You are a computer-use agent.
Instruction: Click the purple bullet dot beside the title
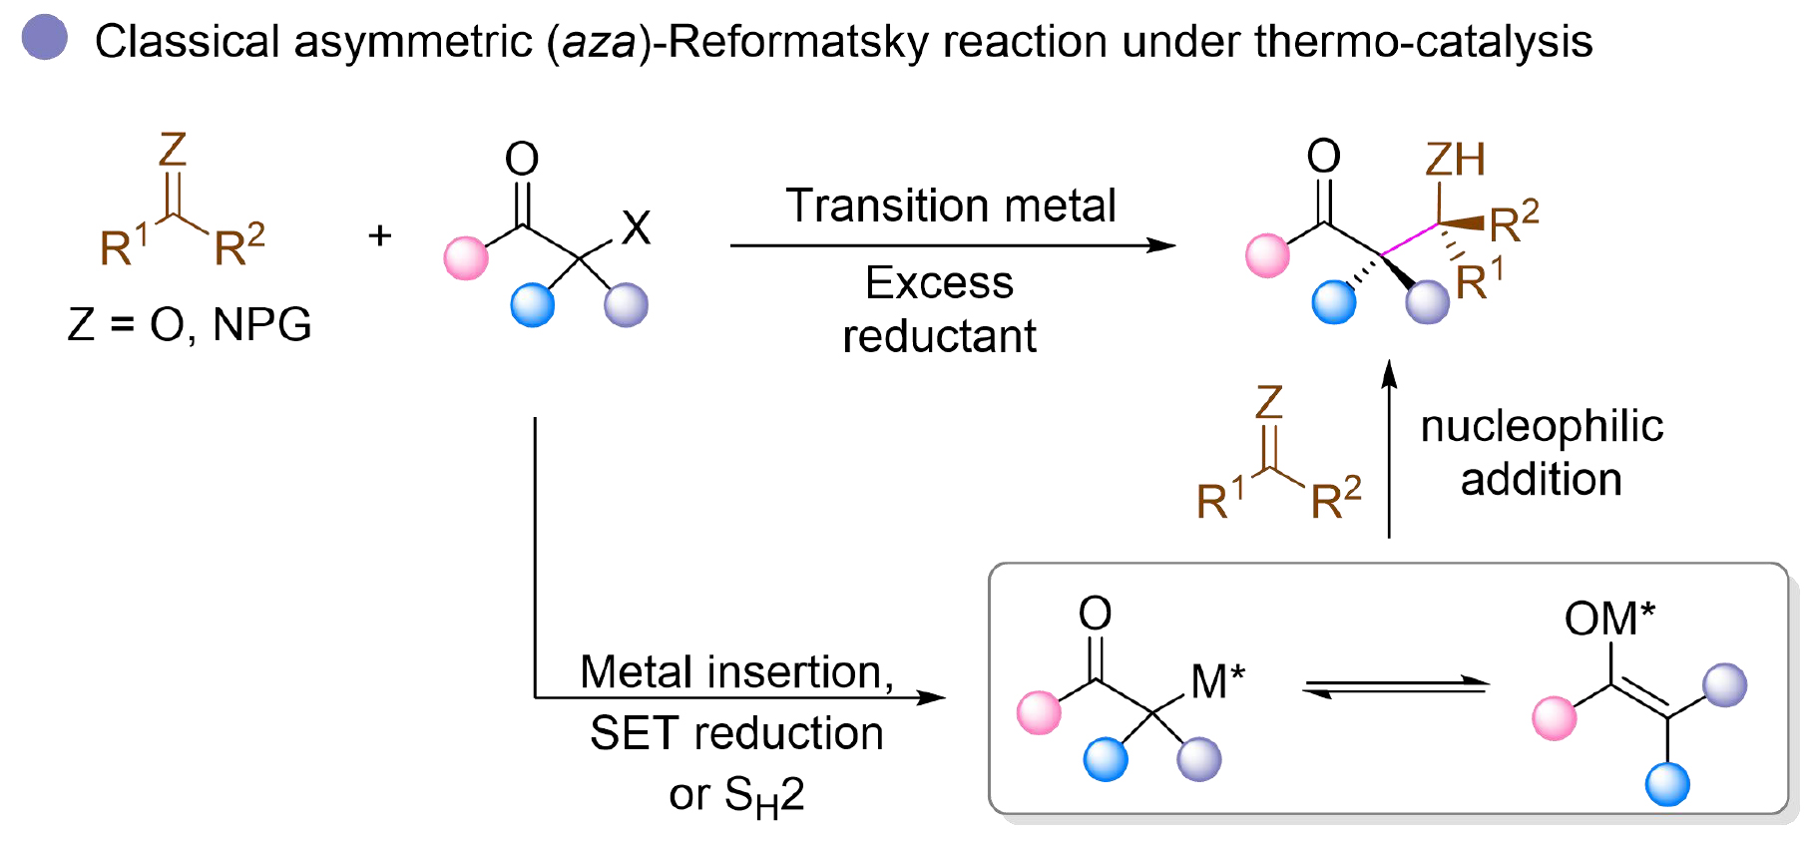[44, 38]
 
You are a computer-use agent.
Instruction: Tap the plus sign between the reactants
[379, 236]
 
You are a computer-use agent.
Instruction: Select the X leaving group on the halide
[636, 227]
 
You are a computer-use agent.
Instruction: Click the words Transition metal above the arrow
[950, 206]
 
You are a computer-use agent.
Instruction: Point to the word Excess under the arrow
[939, 282]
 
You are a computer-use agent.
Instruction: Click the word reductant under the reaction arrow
[939, 336]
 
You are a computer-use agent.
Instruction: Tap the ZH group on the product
[1455, 160]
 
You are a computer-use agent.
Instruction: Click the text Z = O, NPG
[190, 324]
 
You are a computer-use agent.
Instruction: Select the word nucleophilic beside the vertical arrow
[1542, 426]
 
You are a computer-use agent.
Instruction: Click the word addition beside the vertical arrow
[1541, 480]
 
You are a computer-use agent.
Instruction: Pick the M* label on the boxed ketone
[1217, 681]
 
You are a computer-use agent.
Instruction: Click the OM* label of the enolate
[1608, 619]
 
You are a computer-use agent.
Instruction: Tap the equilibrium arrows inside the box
[1396, 686]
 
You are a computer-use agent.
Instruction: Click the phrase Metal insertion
[736, 671]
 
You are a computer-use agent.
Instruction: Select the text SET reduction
[736, 733]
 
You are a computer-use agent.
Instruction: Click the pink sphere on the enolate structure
[1554, 718]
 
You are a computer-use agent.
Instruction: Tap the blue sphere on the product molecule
[1334, 302]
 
